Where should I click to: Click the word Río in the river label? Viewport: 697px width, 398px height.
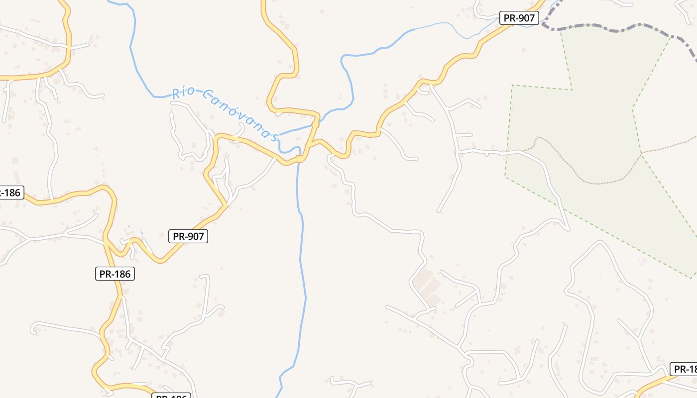[x=182, y=93]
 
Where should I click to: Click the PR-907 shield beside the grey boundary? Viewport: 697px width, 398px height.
[x=519, y=18]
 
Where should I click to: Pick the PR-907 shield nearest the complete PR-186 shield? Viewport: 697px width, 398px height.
[x=188, y=236]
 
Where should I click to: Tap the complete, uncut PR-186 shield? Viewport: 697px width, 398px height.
[x=115, y=273]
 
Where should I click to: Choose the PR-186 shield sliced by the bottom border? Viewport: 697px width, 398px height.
[x=171, y=396]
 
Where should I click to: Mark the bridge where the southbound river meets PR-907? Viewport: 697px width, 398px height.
[x=299, y=159]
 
